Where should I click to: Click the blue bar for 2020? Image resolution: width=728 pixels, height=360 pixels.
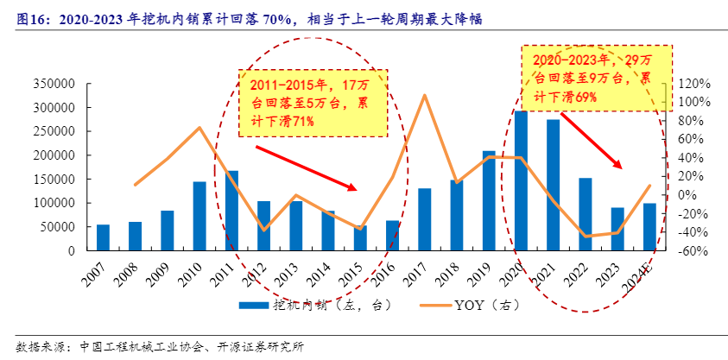click(521, 180)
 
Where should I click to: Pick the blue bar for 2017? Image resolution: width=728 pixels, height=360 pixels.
click(424, 219)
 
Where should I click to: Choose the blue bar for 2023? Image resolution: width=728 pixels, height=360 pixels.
click(617, 229)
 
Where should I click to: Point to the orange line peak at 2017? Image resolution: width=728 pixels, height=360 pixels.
click(425, 95)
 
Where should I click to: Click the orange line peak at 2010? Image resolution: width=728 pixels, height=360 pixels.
click(199, 128)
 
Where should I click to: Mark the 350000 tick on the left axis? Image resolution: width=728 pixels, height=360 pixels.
click(54, 85)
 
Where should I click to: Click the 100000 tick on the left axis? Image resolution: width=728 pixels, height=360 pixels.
click(54, 203)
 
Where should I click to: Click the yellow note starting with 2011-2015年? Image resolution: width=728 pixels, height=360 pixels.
click(312, 103)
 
